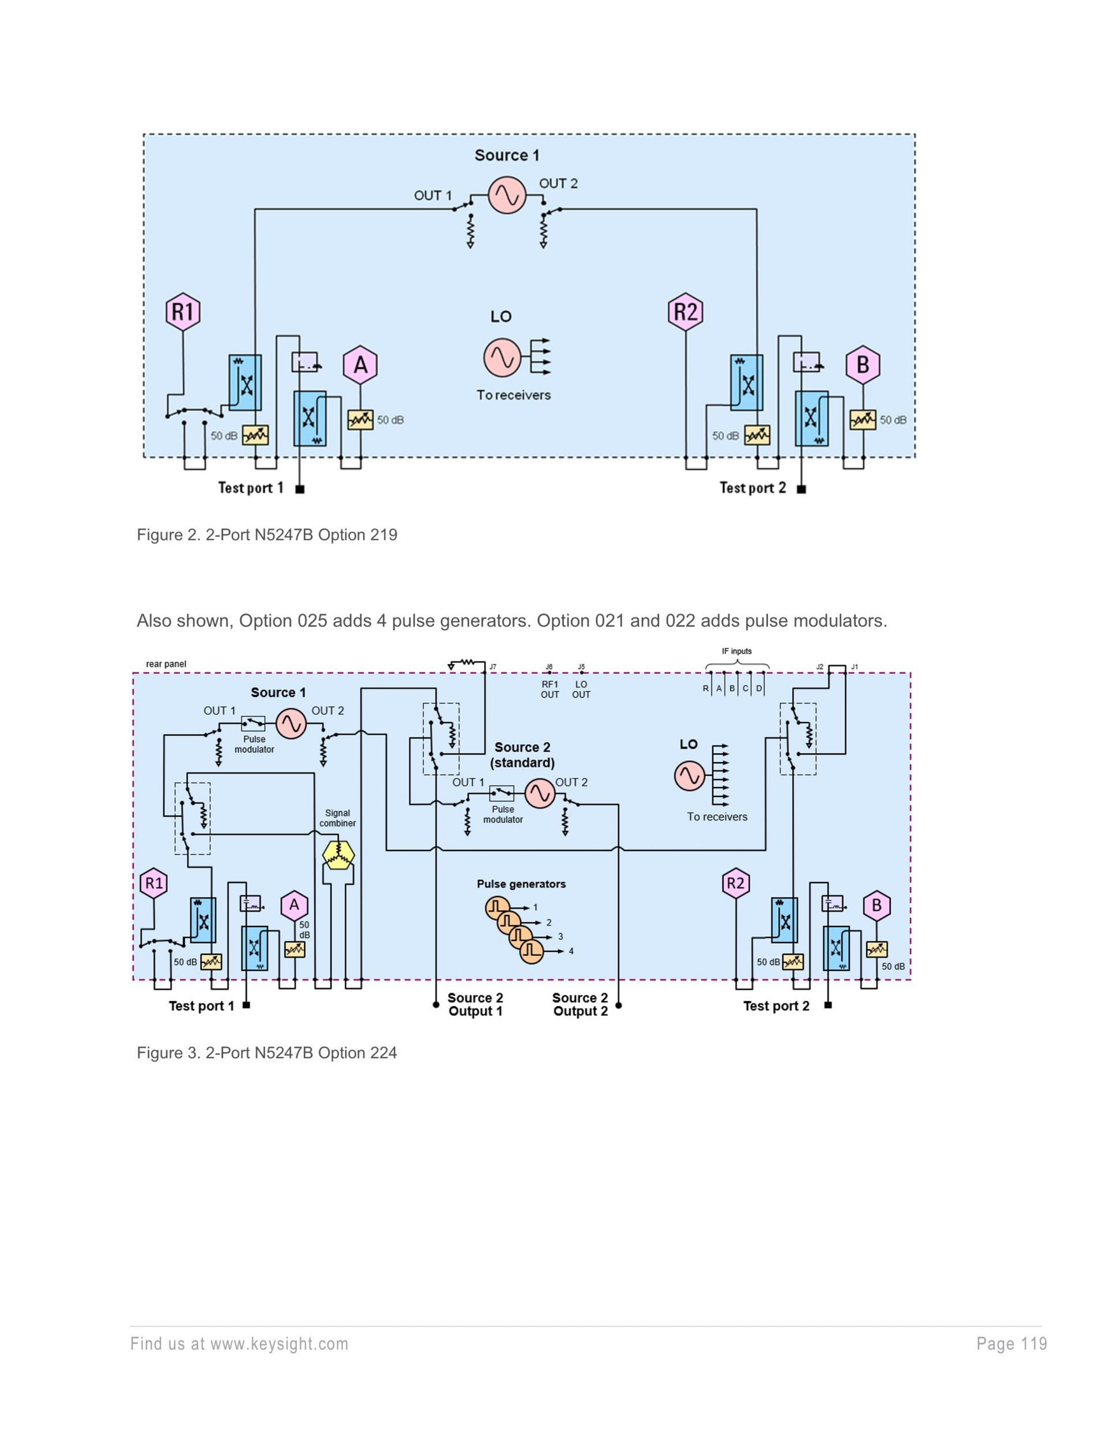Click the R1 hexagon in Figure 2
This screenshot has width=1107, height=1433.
click(182, 311)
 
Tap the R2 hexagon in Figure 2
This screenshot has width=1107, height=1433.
click(686, 311)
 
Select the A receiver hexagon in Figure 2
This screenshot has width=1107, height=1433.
click(360, 365)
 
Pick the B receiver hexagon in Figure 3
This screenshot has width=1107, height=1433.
click(876, 906)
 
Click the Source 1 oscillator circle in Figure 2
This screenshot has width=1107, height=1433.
click(507, 195)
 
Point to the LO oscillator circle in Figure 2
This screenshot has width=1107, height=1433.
click(502, 357)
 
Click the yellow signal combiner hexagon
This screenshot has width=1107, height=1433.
click(338, 854)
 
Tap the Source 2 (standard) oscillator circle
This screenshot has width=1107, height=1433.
click(540, 793)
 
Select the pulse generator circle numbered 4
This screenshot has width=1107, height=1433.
click(532, 951)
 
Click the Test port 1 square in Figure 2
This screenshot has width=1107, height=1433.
click(300, 489)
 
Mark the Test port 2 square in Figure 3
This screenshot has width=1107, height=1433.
click(827, 1004)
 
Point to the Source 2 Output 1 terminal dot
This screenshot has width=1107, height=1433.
click(436, 1004)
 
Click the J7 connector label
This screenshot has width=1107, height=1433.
click(492, 667)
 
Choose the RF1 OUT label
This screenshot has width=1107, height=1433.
click(549, 689)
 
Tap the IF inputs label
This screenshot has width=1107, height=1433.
click(736, 651)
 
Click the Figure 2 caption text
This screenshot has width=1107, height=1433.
click(267, 535)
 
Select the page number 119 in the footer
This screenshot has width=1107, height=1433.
click(1011, 1344)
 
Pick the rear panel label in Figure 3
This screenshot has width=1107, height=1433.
click(166, 664)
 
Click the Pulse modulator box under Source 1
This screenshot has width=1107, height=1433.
click(254, 724)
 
